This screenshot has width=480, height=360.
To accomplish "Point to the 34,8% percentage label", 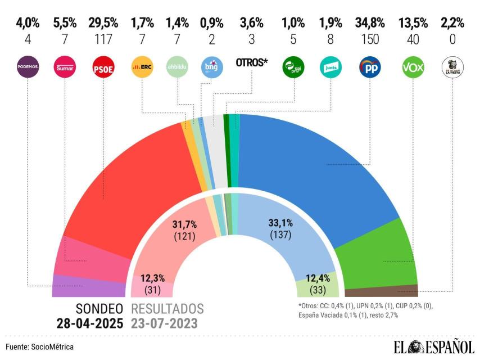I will coord(370,23).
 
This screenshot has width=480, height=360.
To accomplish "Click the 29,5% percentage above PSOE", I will coord(103,23).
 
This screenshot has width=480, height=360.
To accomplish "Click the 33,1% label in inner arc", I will coord(280,223).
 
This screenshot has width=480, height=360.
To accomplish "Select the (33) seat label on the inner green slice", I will coord(317,290).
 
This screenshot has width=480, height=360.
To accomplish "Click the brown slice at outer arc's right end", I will coord(382,291).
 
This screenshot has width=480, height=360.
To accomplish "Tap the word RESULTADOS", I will coord(167,309).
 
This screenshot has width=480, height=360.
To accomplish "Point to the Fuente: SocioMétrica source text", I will coord(40,347).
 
